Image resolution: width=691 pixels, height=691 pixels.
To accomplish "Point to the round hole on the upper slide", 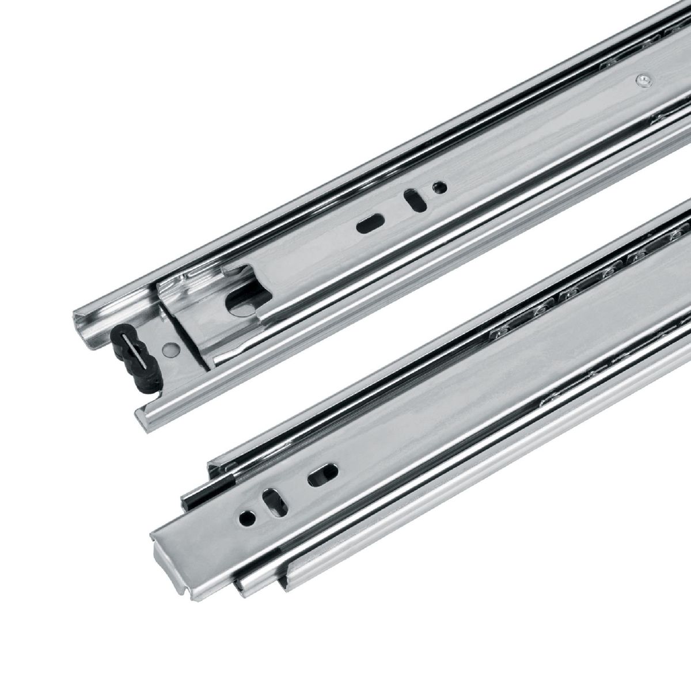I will tap(439, 187).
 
